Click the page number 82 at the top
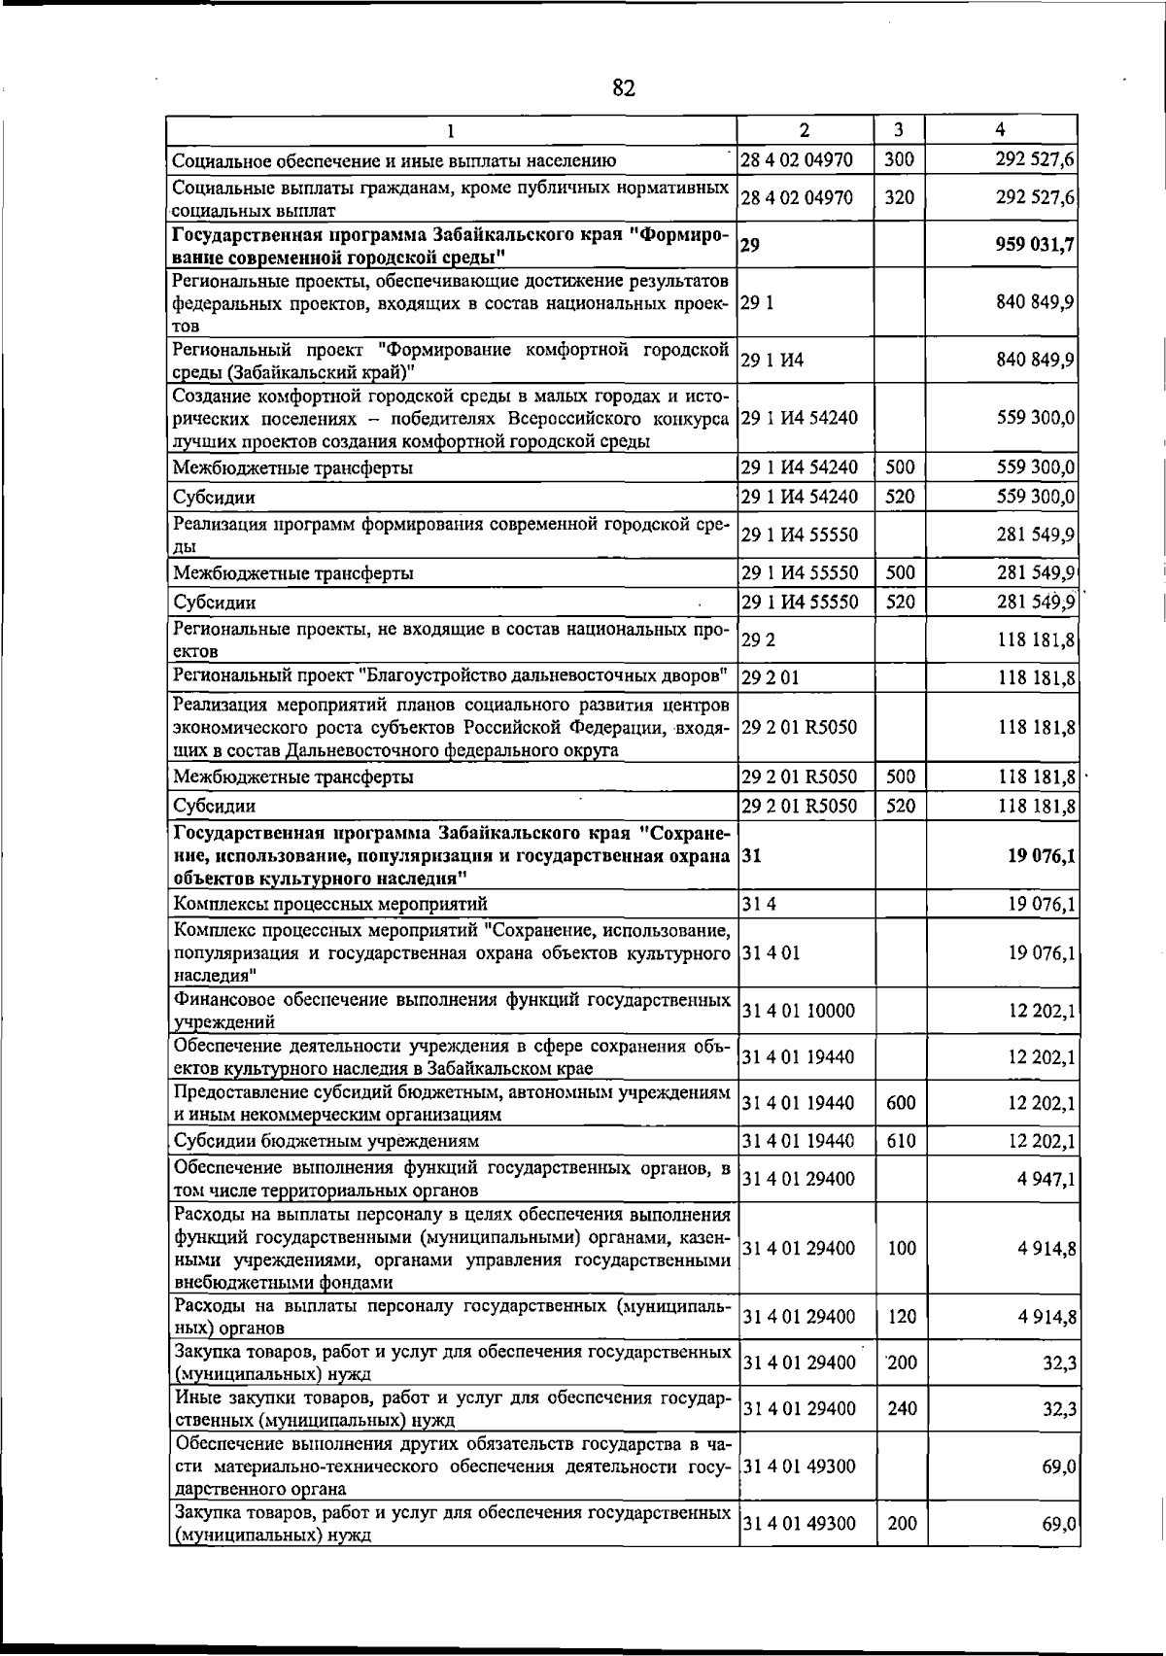pos(624,89)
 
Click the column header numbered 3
pos(900,129)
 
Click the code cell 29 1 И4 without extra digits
pos(772,361)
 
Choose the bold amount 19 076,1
pos(1041,856)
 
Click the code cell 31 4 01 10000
pos(798,1011)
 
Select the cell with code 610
pos(901,1141)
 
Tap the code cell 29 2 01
pos(770,677)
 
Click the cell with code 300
pos(900,159)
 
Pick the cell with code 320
pos(900,197)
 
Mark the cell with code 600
pos(901,1103)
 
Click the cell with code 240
pos(901,1408)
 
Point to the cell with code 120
pos(901,1317)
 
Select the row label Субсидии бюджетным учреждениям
pos(326,1141)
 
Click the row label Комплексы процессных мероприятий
pos(330,905)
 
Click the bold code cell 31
pos(750,856)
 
